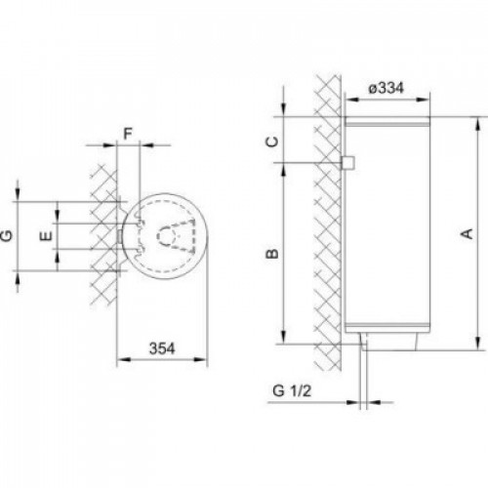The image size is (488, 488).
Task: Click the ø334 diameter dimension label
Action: [x=386, y=88]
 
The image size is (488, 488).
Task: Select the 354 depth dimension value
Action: [x=162, y=348]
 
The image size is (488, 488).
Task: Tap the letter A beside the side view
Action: [x=468, y=233]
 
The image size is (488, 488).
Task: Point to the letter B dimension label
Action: [x=272, y=254]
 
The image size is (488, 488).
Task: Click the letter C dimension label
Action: [x=272, y=142]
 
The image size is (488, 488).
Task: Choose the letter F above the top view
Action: [x=128, y=134]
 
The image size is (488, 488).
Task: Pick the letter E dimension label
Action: [x=46, y=236]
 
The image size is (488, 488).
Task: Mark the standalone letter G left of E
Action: [x=7, y=235]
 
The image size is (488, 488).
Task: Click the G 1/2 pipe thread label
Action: [x=292, y=390]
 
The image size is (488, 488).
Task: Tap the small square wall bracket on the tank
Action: [x=347, y=163]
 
